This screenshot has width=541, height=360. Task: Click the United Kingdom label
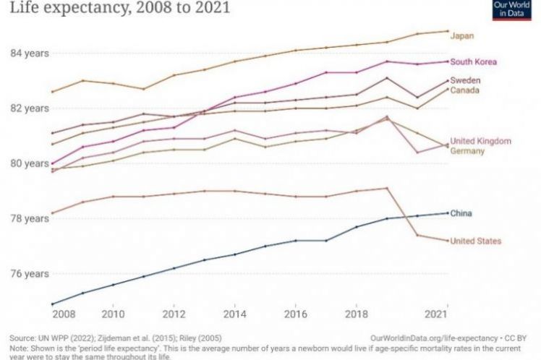click(x=480, y=141)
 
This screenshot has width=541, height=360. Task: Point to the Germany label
click(x=467, y=151)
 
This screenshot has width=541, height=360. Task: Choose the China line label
click(x=461, y=213)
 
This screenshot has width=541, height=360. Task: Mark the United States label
click(x=475, y=241)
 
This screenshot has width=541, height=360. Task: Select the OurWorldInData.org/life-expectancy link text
click(x=433, y=338)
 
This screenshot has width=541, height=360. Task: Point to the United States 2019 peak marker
click(x=387, y=188)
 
